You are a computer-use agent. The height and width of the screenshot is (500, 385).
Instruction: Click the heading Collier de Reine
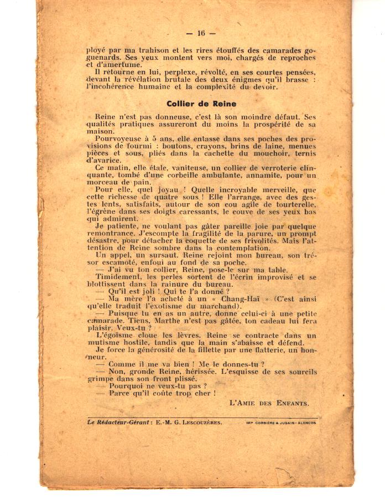201,104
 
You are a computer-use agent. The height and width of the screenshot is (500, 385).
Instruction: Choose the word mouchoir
272,154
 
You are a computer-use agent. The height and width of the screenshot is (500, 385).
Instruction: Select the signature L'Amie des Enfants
269,403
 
